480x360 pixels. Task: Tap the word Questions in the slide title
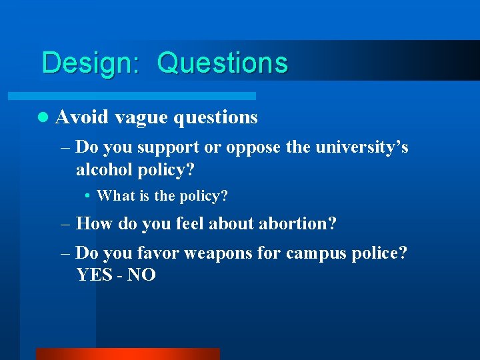(x=223, y=63)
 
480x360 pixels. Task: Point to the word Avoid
(x=82, y=117)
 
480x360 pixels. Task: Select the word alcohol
(x=105, y=169)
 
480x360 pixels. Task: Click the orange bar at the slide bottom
(x=127, y=354)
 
